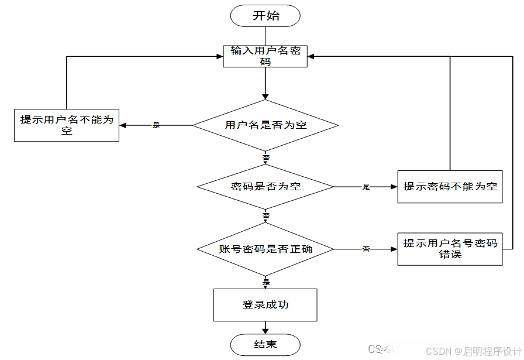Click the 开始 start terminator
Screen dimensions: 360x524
coord(266,16)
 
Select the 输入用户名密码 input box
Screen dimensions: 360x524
coord(266,56)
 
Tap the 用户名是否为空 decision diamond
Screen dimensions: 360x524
coord(266,125)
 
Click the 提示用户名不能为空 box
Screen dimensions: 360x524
coord(67,125)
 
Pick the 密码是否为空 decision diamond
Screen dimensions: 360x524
coord(266,187)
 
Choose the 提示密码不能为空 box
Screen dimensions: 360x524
coord(450,187)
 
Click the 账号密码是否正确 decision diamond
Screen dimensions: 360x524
coord(266,249)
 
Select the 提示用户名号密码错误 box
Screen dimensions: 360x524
coord(450,249)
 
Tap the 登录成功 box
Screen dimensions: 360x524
coord(266,305)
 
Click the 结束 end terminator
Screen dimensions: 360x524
coord(266,345)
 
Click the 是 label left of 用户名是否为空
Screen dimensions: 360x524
coord(156,125)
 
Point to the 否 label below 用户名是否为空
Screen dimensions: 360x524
coord(266,159)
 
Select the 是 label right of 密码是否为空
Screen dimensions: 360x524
coord(366,187)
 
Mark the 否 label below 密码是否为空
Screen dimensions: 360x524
coord(266,216)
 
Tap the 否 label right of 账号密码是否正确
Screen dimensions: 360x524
coord(366,249)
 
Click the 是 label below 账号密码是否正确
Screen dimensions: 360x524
coord(266,282)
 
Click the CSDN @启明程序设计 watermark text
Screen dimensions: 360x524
coord(473,351)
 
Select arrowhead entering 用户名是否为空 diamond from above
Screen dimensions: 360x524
coord(266,97)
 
